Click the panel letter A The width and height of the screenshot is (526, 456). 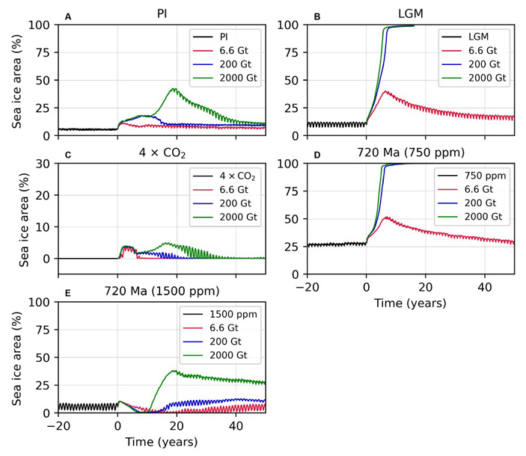[68, 16]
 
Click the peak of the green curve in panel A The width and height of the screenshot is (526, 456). [174, 88]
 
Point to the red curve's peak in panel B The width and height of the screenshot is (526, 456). [385, 91]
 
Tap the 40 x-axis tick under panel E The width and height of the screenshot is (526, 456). [235, 427]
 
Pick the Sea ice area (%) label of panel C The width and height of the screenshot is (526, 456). [24, 219]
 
